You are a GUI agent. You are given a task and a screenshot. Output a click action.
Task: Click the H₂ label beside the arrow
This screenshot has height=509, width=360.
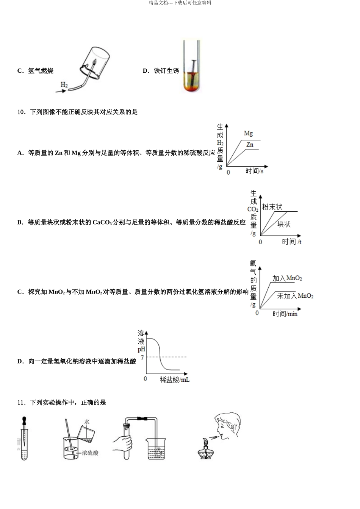coord(64,85)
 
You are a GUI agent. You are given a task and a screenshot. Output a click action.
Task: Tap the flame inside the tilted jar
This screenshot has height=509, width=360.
coord(95,61)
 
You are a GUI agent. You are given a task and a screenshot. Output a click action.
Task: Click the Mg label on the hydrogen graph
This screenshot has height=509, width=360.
coord(248,133)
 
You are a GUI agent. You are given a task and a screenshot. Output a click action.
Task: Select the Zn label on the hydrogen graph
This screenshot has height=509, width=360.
coord(250,145)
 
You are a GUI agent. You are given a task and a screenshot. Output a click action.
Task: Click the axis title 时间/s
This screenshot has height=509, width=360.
coord(254,171)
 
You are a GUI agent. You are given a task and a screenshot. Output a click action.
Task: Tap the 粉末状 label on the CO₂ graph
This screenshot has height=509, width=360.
coord(272,207)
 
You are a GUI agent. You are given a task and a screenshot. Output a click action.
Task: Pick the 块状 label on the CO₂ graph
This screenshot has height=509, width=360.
coord(284,224)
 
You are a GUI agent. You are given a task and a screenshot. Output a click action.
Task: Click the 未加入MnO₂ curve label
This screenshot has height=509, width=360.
coord(295,296)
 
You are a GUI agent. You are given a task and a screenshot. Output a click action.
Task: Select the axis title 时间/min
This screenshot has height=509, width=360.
coord(285,314)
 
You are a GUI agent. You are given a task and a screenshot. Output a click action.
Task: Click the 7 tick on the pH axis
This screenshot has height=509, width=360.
coord(142,358)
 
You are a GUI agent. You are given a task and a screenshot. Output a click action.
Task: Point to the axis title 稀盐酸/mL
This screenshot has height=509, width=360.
coord(175,379)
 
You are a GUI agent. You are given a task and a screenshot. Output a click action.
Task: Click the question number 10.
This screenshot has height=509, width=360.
coord(21,112)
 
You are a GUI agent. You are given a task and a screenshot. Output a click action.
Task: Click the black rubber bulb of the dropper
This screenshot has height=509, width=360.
coord(24,420)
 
